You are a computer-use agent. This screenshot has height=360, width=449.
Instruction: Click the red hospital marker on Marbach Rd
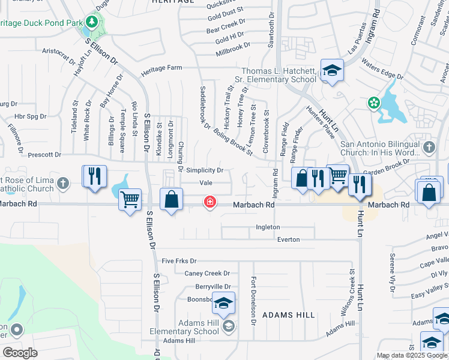tap(210, 202)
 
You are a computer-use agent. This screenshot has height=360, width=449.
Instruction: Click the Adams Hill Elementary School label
tap(199, 327)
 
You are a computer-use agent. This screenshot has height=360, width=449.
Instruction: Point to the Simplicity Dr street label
tap(204, 170)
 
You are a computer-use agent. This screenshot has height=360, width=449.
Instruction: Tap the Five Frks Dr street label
tap(179, 261)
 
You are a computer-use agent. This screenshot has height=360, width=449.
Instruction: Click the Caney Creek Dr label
tap(207, 273)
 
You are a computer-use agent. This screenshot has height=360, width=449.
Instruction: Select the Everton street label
tap(288, 239)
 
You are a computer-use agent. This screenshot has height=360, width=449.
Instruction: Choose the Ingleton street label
tap(268, 227)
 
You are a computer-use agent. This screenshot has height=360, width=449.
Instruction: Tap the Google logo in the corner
tap(20, 353)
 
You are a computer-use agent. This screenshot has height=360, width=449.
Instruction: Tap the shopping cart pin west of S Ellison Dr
tap(130, 199)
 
